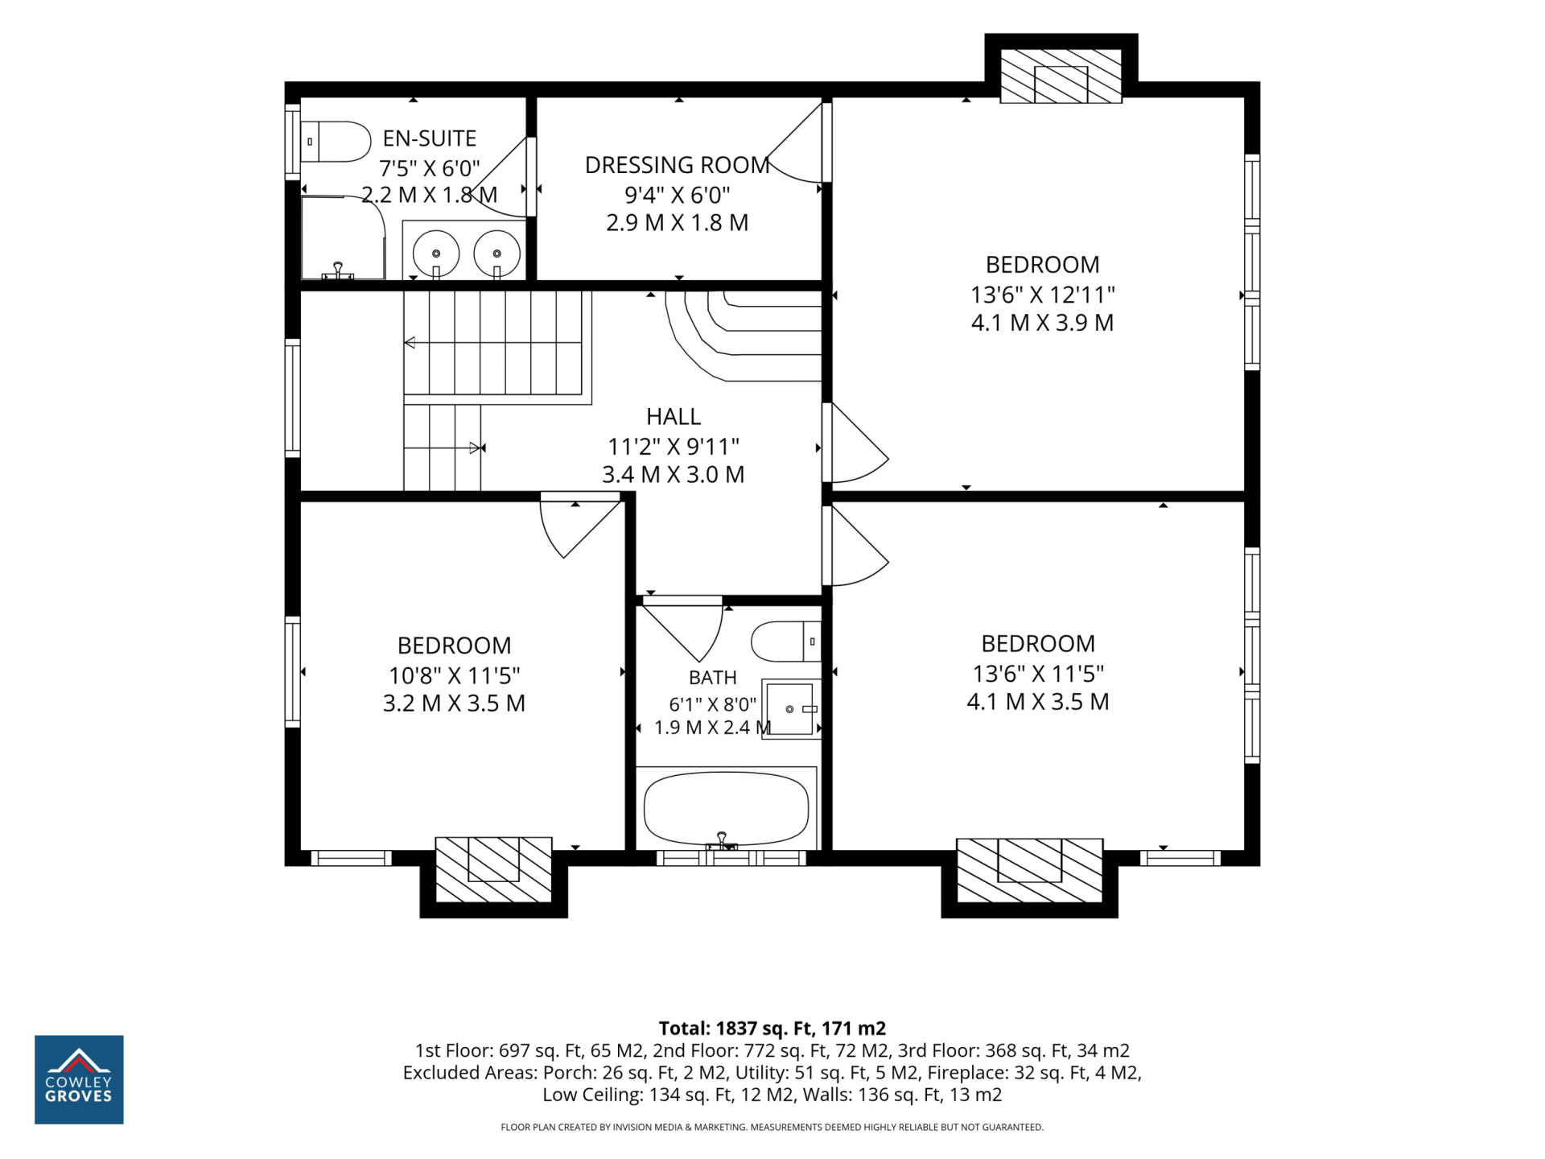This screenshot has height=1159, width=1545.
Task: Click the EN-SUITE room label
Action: (x=430, y=138)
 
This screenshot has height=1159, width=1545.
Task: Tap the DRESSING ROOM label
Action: (x=678, y=165)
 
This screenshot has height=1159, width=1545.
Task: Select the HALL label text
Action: (x=674, y=416)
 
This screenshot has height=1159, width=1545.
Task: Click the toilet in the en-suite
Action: (x=336, y=142)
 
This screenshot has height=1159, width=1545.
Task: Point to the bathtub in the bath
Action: (x=726, y=808)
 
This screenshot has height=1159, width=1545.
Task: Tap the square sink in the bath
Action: (x=791, y=709)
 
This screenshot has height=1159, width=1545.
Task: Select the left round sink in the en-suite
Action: (x=436, y=254)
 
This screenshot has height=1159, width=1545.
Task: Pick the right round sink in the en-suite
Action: (x=496, y=254)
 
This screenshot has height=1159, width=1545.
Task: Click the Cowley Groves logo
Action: (x=79, y=1079)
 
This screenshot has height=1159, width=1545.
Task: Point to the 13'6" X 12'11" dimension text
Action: (x=1043, y=295)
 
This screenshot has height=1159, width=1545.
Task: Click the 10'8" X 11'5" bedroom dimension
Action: (x=455, y=675)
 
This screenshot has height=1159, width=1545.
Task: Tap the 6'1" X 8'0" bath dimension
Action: (x=713, y=704)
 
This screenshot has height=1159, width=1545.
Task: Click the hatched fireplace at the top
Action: (x=1061, y=76)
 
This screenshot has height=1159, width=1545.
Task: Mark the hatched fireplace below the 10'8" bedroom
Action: (x=493, y=869)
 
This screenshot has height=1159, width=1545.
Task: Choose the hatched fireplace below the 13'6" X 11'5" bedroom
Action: (x=1029, y=870)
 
